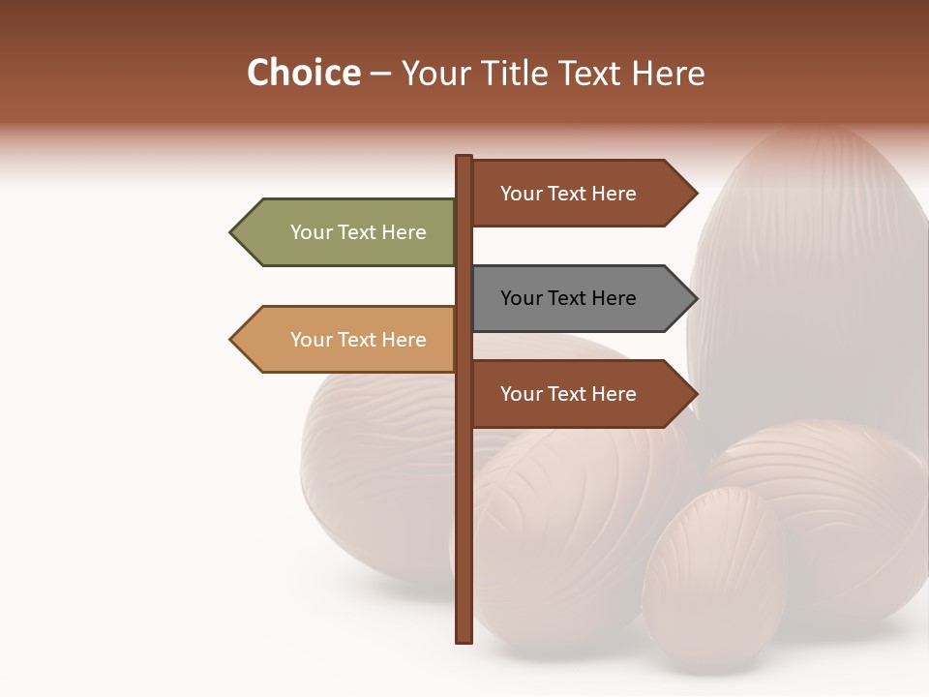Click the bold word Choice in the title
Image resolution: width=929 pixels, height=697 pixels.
pyautogui.click(x=303, y=73)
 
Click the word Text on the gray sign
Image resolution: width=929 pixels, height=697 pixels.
pyautogui.click(x=568, y=298)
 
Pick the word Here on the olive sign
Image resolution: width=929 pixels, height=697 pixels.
pyautogui.click(x=403, y=232)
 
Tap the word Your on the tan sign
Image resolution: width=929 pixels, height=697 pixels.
pyautogui.click(x=311, y=340)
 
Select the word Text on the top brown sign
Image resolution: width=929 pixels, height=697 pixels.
pyautogui.click(x=568, y=194)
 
